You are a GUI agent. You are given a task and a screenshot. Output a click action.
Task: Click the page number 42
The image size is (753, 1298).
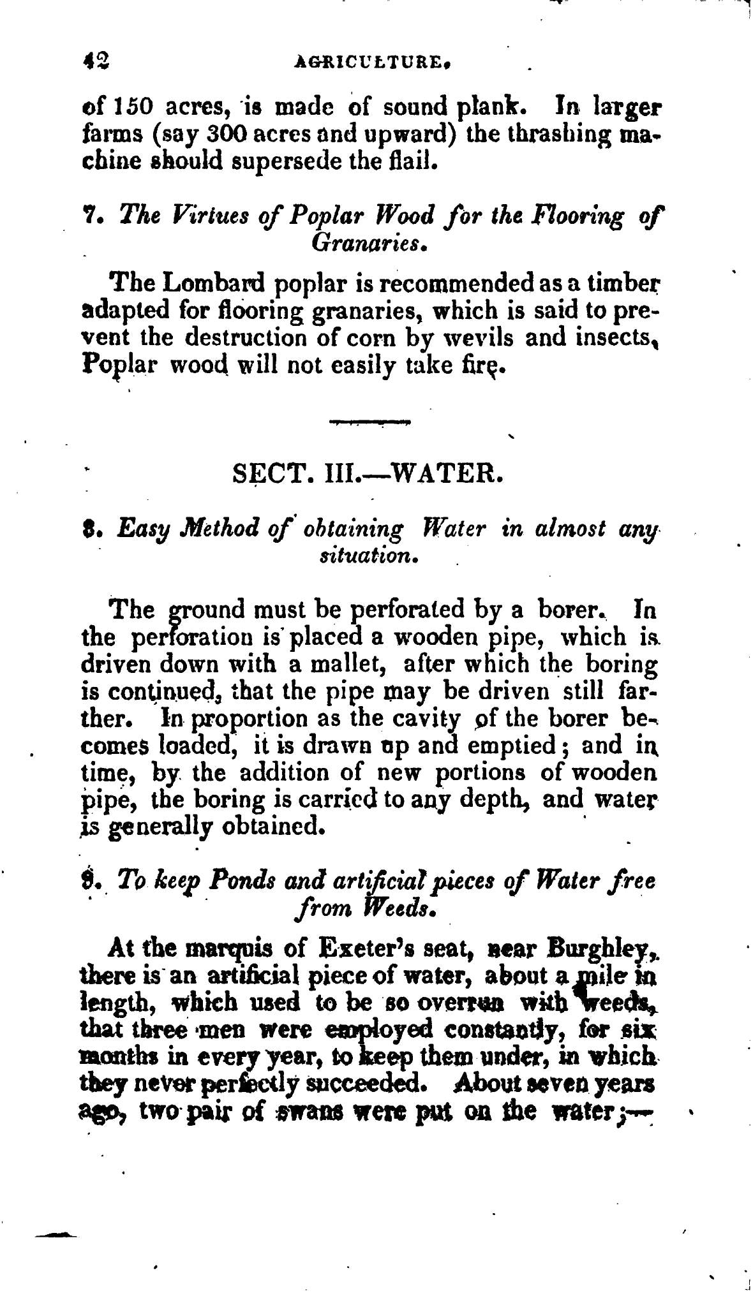(x=98, y=62)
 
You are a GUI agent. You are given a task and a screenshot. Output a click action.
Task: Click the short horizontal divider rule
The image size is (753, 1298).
(x=370, y=422)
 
